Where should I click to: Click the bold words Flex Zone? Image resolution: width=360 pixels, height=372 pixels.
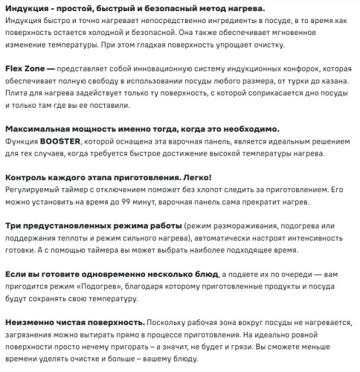[24, 67]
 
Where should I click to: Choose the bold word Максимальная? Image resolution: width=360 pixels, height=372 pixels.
[36, 128]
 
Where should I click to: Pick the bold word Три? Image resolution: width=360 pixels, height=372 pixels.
[13, 225]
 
